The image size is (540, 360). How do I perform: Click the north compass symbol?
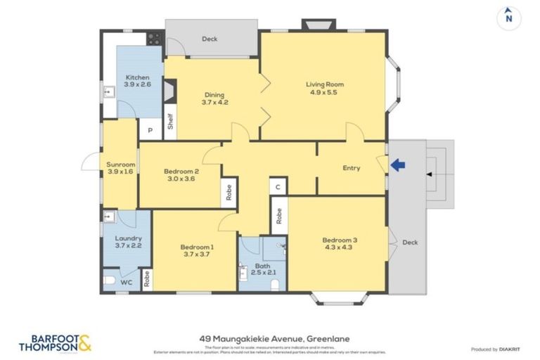tap(508, 18)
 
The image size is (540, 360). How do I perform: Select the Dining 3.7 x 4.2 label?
tap(215, 98)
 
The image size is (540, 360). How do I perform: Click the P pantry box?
tap(150, 129)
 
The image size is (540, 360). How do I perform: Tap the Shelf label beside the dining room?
tap(169, 122)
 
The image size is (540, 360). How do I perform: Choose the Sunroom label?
tap(120, 168)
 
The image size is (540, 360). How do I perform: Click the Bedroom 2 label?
tap(181, 174)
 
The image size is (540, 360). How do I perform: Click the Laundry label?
tap(128, 242)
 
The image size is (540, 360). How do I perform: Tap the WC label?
tap(127, 282)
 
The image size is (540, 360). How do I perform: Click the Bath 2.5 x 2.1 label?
tap(263, 270)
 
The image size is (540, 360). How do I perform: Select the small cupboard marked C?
tap(278, 187)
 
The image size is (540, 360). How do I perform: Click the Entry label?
tap(351, 168)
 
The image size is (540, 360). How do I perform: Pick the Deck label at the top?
tap(210, 39)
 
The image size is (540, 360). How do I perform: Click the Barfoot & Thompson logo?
tap(55, 342)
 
